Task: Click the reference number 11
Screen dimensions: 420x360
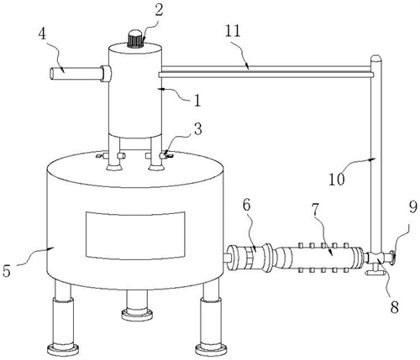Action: coord(233,32)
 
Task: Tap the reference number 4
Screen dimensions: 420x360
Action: coord(42,35)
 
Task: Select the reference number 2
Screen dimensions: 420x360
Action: coord(159,11)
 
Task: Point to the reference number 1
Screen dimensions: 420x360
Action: coord(197,100)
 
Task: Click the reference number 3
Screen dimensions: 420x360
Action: coord(197,129)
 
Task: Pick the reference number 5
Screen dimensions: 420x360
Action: coord(7,270)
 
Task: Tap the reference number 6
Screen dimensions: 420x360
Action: coord(246,206)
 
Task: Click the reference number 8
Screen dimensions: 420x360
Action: coord(394,308)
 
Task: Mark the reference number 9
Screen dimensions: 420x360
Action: coord(413,207)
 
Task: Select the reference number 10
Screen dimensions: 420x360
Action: coord(337,179)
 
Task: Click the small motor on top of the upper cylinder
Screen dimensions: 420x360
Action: coord(135,39)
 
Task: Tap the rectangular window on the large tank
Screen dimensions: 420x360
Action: coord(135,235)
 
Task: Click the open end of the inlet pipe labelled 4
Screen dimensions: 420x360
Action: coord(52,73)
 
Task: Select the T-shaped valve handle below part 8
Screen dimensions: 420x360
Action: coord(373,272)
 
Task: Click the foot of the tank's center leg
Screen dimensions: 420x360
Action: coord(137,314)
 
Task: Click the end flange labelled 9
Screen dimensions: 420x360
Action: coord(392,258)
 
